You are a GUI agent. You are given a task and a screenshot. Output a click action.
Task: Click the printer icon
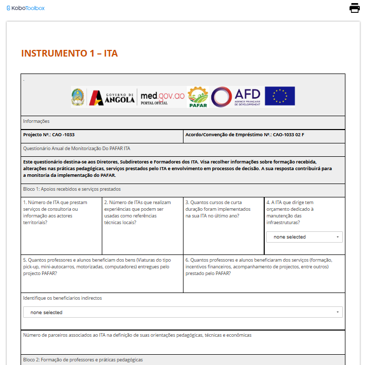coord(355,8)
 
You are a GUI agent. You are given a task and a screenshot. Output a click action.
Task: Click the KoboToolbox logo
coord(25,8)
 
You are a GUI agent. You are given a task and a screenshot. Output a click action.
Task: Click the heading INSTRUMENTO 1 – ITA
coord(69,53)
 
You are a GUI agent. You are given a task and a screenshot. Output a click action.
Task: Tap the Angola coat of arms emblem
coord(78,97)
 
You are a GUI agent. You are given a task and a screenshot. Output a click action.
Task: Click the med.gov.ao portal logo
coord(162,97)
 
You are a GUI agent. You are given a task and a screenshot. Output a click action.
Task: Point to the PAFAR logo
coord(197,97)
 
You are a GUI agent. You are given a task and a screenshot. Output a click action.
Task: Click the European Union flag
coord(280,96)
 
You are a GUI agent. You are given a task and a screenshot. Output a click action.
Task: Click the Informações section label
coord(36,121)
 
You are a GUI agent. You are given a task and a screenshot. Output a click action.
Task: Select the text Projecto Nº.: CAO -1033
coord(49,135)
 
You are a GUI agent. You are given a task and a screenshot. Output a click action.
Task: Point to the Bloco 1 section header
coord(72,189)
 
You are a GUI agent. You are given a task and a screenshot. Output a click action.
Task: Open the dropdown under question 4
coord(304,237)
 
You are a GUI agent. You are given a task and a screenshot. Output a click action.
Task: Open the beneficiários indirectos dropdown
coord(183,312)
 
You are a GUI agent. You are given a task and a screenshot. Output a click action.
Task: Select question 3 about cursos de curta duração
coord(218,209)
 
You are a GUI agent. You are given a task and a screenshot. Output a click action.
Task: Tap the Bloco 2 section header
coord(83,360)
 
